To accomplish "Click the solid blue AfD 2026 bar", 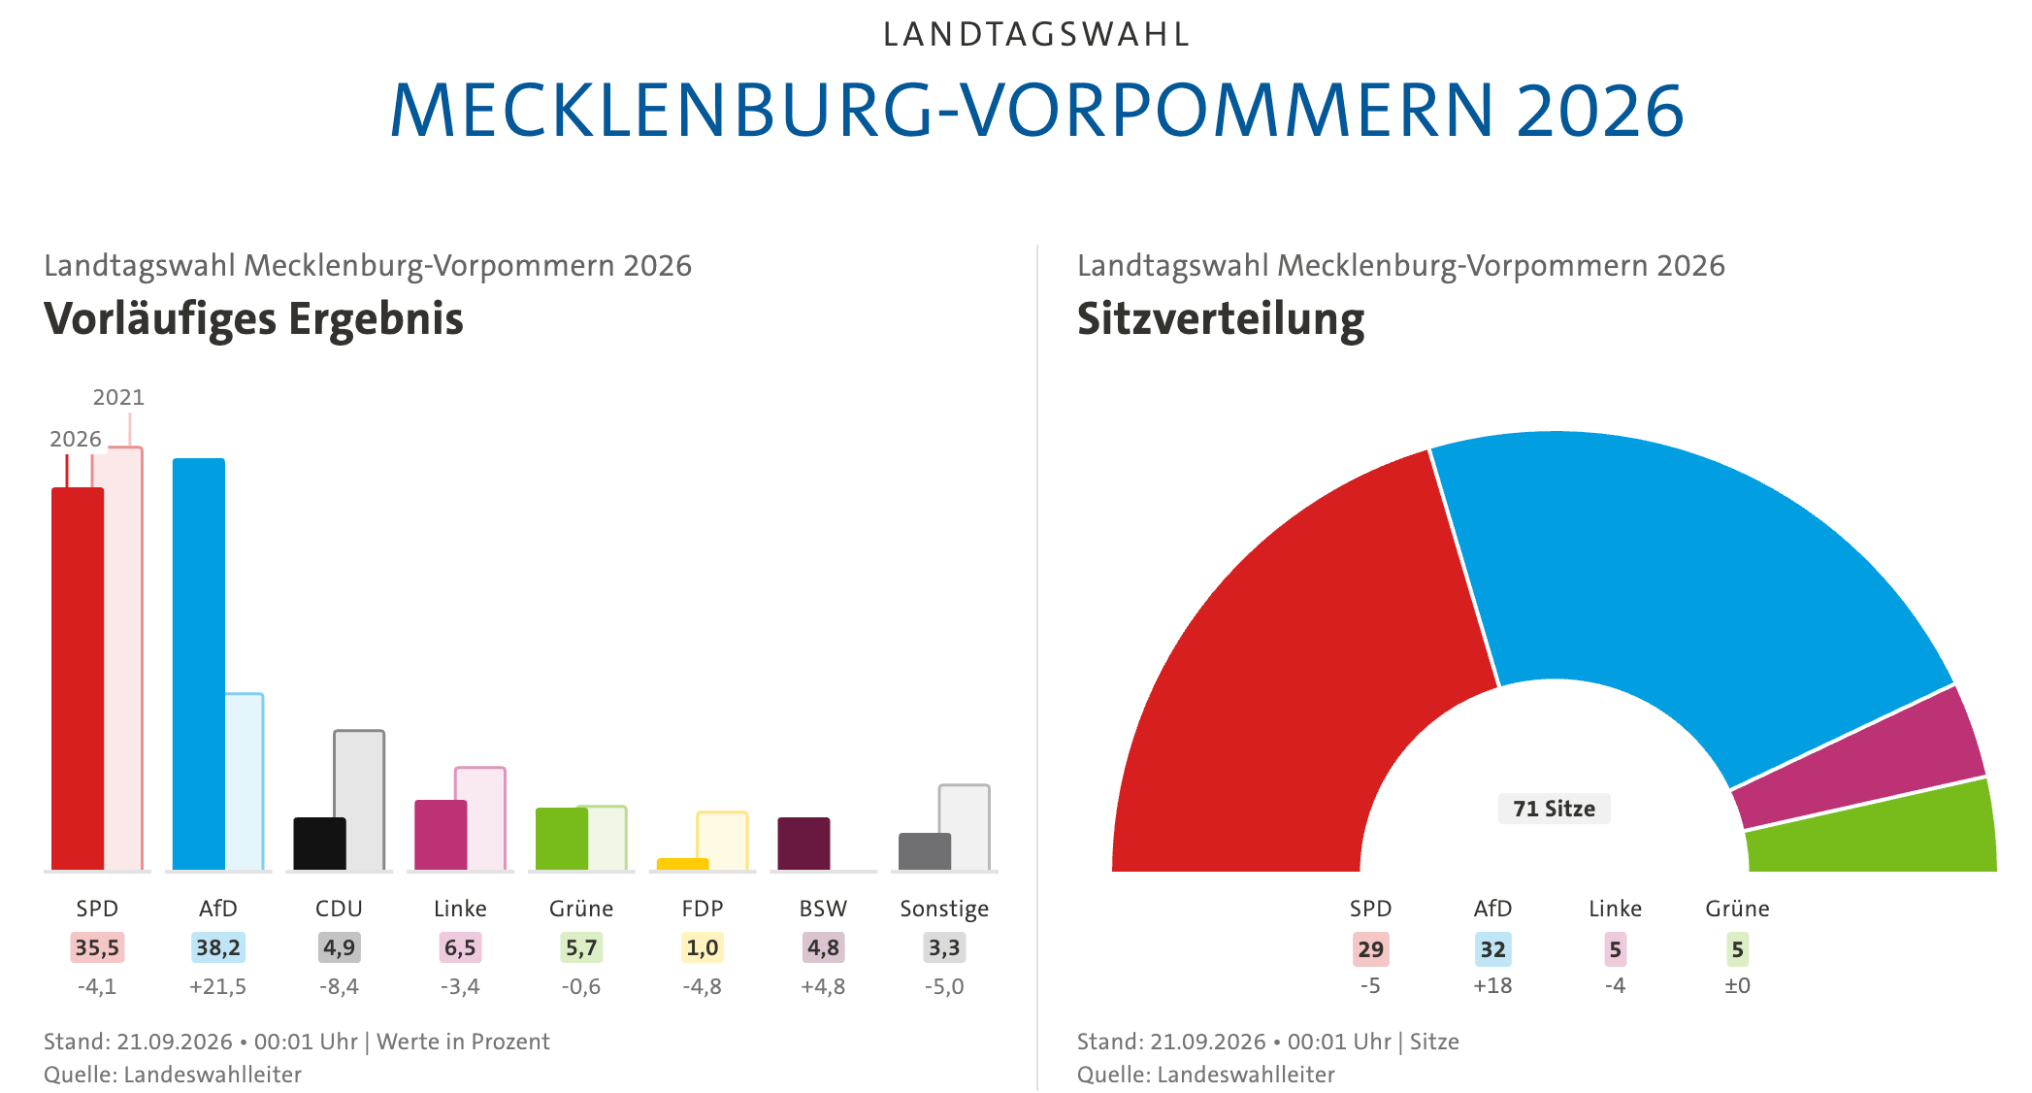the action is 199,664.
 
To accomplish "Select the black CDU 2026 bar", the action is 320,844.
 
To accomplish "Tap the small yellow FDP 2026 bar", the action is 683,864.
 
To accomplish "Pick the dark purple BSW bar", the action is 803,844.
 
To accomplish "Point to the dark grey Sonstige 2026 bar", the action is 925,851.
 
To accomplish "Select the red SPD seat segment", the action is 1291,679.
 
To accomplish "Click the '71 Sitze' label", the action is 1554,809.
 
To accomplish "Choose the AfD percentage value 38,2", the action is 218,947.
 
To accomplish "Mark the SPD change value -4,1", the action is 97,986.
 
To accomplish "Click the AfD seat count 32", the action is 1492,949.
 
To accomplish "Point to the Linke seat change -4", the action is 1615,985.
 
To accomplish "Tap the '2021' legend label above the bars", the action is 118,397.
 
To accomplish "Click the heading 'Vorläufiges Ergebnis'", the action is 254,319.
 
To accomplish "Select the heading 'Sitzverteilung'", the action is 1221,319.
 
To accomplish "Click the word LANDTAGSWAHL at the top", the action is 1036,35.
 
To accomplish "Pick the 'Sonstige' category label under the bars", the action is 944,909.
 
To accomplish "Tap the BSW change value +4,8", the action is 823,986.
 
